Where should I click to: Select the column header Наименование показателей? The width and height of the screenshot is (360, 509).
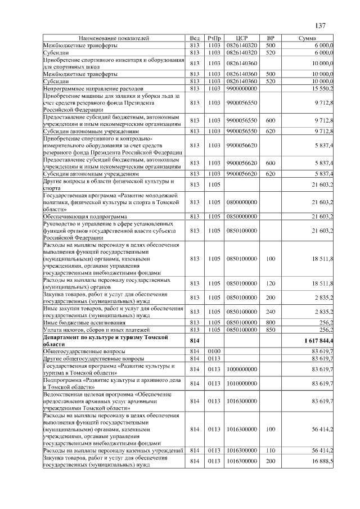point(114,38)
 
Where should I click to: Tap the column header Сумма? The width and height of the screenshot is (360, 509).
point(310,38)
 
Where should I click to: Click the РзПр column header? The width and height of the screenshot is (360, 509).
point(214,38)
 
